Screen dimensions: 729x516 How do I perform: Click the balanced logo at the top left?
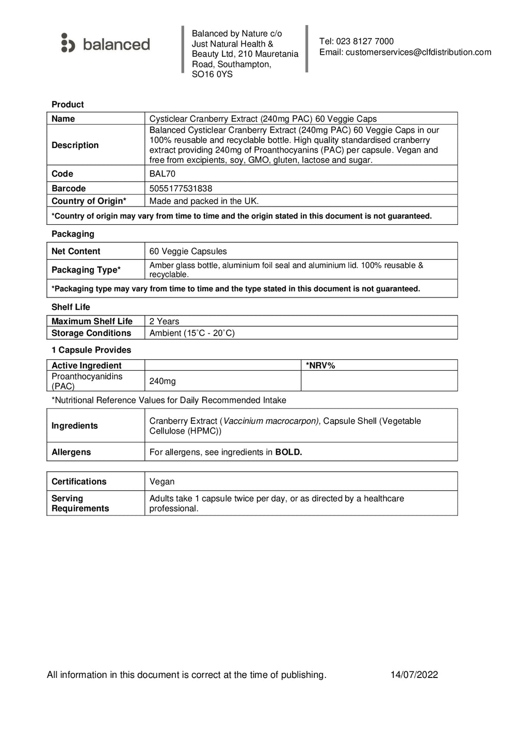click(x=105, y=44)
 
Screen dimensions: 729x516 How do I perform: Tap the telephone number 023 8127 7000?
click(x=364, y=41)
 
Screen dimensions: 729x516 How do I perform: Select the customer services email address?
click(x=418, y=52)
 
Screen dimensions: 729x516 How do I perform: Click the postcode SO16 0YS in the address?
click(x=212, y=74)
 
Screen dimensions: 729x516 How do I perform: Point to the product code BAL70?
click(x=162, y=174)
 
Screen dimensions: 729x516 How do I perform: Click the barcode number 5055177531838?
click(x=181, y=189)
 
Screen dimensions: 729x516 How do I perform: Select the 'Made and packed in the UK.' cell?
click(x=204, y=201)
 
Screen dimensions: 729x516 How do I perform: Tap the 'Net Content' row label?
click(x=76, y=252)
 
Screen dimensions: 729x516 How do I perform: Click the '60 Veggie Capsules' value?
click(x=188, y=252)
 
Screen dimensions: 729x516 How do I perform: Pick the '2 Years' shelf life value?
click(x=164, y=321)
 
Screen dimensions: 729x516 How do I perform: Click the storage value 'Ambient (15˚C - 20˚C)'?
click(x=192, y=333)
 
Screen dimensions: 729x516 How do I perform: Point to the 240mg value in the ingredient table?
click(x=163, y=381)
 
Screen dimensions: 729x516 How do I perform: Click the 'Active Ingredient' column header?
click(x=86, y=366)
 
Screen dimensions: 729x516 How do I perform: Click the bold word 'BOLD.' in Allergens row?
click(x=288, y=452)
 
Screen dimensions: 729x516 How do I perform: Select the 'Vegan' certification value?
click(x=162, y=482)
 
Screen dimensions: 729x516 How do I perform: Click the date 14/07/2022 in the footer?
click(x=414, y=675)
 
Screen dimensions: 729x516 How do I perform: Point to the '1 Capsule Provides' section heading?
click(x=91, y=350)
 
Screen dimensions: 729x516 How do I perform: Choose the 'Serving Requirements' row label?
click(x=80, y=503)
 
